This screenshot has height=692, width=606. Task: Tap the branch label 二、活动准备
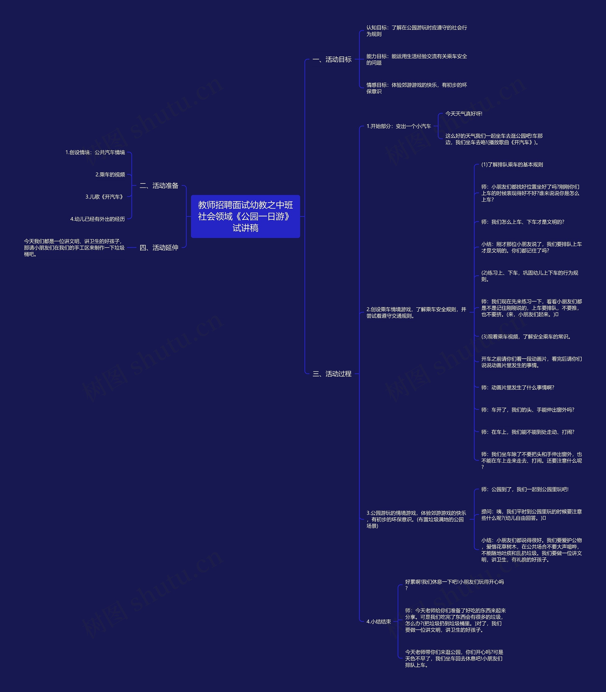tap(159, 185)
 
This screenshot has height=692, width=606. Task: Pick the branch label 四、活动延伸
tap(159, 248)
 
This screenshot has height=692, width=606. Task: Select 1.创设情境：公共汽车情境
tap(95, 152)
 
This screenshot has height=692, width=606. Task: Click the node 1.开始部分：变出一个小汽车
tap(398, 126)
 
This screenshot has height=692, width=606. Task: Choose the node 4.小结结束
tap(379, 621)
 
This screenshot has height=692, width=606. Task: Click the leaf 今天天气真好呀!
tap(464, 113)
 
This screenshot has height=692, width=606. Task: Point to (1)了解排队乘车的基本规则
tap(512, 165)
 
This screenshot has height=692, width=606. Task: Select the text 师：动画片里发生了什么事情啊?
tap(517, 387)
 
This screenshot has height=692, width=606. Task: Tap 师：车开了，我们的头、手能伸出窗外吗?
tap(528, 410)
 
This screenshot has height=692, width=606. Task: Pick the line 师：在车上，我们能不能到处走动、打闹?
tap(528, 432)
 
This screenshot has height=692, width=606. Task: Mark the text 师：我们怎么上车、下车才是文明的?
tap(522, 222)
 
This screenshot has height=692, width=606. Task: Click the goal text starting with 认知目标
tap(417, 31)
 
